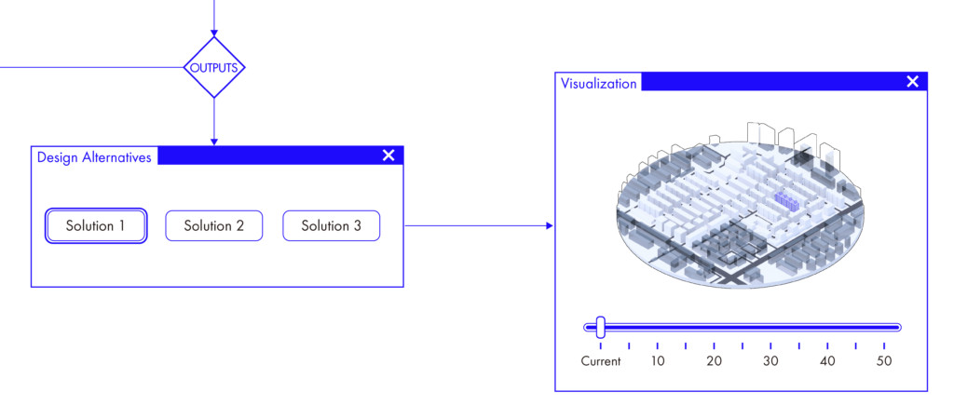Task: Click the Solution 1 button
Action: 96,225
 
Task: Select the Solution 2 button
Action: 214,225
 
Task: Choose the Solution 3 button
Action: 331,225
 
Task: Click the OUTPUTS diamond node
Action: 214,67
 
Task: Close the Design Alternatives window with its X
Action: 388,155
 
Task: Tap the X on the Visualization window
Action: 913,82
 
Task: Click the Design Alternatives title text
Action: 94,157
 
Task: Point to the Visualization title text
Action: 599,83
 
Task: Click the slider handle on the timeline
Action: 601,327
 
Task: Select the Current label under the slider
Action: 601,361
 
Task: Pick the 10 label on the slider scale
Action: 658,361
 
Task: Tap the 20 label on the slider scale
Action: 715,361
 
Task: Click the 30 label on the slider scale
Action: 770,361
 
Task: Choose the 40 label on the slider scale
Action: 827,361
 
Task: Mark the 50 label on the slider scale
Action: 884,361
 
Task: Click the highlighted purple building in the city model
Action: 786,202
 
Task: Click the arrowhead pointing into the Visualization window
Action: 550,225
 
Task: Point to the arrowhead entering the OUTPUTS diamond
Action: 214,33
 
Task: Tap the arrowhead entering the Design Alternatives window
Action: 214,142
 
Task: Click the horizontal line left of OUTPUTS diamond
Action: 91,67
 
